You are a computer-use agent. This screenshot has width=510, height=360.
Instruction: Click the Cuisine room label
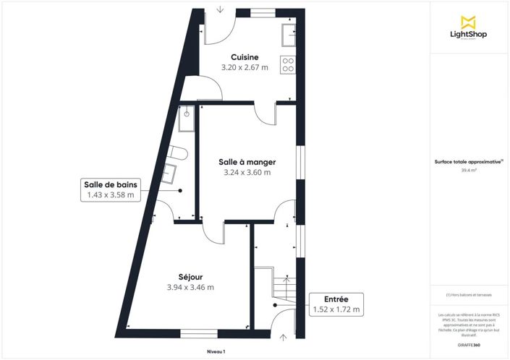click(245, 57)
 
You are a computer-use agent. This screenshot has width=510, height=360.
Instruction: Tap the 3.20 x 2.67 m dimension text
click(245, 67)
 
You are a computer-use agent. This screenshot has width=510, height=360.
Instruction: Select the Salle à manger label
click(247, 162)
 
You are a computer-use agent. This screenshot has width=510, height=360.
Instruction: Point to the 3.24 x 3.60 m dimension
click(247, 173)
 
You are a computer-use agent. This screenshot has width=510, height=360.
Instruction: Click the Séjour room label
click(190, 276)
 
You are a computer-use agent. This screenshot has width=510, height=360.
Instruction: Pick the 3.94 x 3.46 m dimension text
click(190, 287)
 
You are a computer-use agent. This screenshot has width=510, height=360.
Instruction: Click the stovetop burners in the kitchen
click(288, 64)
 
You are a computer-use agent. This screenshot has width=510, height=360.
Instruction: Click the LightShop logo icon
click(467, 21)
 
